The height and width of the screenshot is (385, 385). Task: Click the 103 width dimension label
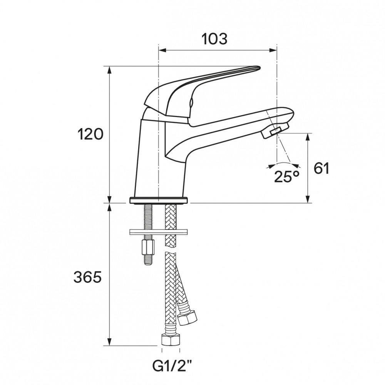[214, 39]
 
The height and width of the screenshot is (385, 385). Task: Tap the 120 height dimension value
[90, 134]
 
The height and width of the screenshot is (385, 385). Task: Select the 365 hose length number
[87, 278]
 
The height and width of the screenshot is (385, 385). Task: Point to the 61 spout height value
[321, 168]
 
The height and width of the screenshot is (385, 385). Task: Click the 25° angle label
[286, 176]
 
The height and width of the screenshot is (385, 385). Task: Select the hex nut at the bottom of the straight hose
[171, 339]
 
